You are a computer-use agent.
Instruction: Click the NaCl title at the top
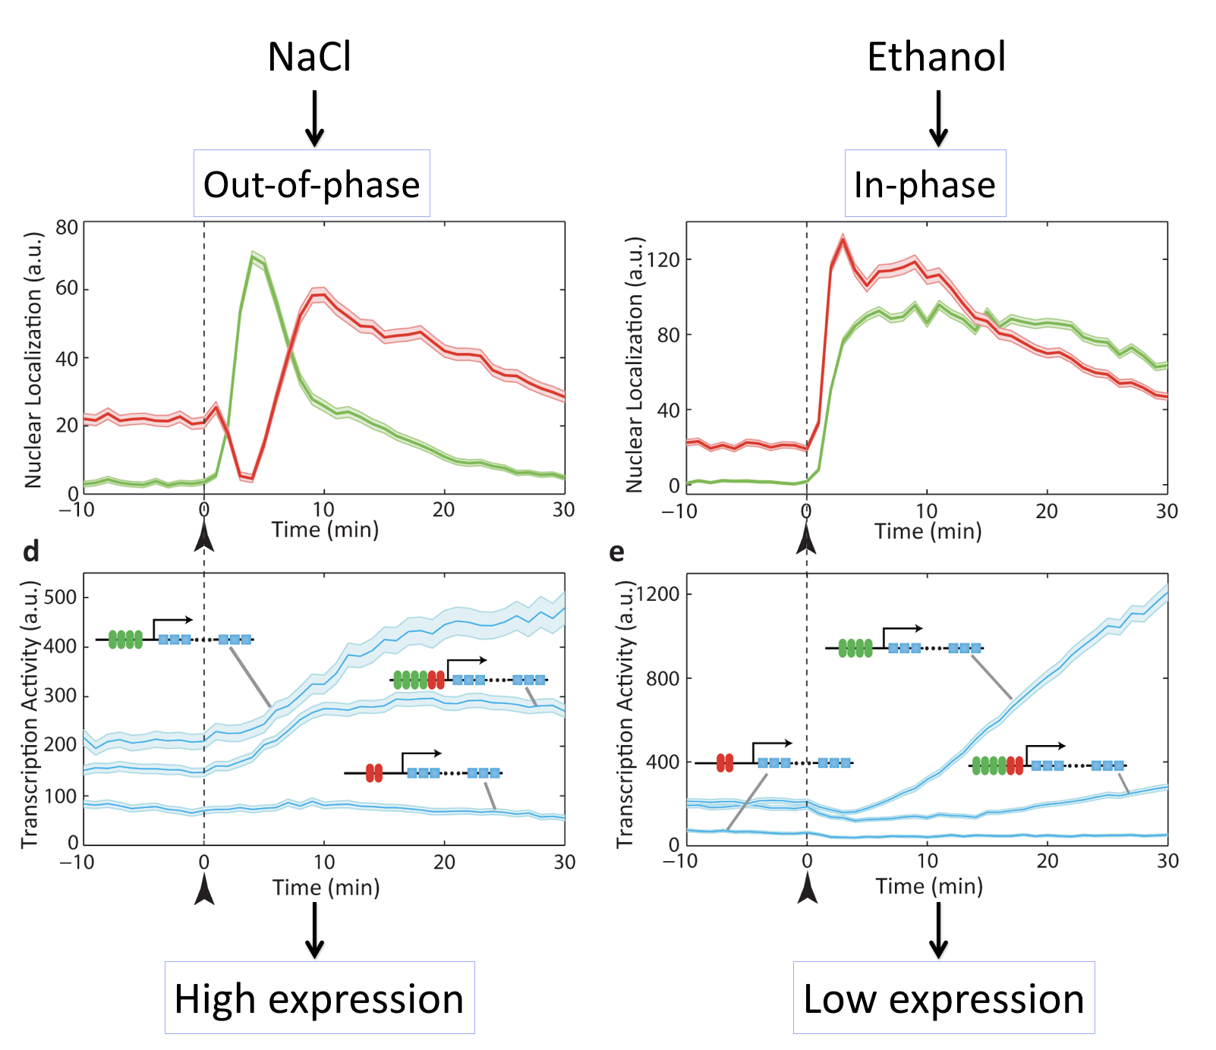310,57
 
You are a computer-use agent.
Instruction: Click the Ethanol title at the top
937,57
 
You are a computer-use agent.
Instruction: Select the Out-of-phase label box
312,184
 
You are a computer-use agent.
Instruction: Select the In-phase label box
925,184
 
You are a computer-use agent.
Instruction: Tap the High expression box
320,998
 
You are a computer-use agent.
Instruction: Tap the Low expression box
944,998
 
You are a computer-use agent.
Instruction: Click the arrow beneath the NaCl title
314,118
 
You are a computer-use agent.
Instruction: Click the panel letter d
31,552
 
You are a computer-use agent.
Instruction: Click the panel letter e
617,552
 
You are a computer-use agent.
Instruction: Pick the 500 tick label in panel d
61,598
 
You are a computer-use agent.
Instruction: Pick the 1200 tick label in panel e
657,594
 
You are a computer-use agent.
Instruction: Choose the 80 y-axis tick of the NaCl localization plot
67,228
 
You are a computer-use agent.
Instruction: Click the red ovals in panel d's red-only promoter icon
374,773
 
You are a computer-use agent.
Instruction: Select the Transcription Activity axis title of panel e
625,714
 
